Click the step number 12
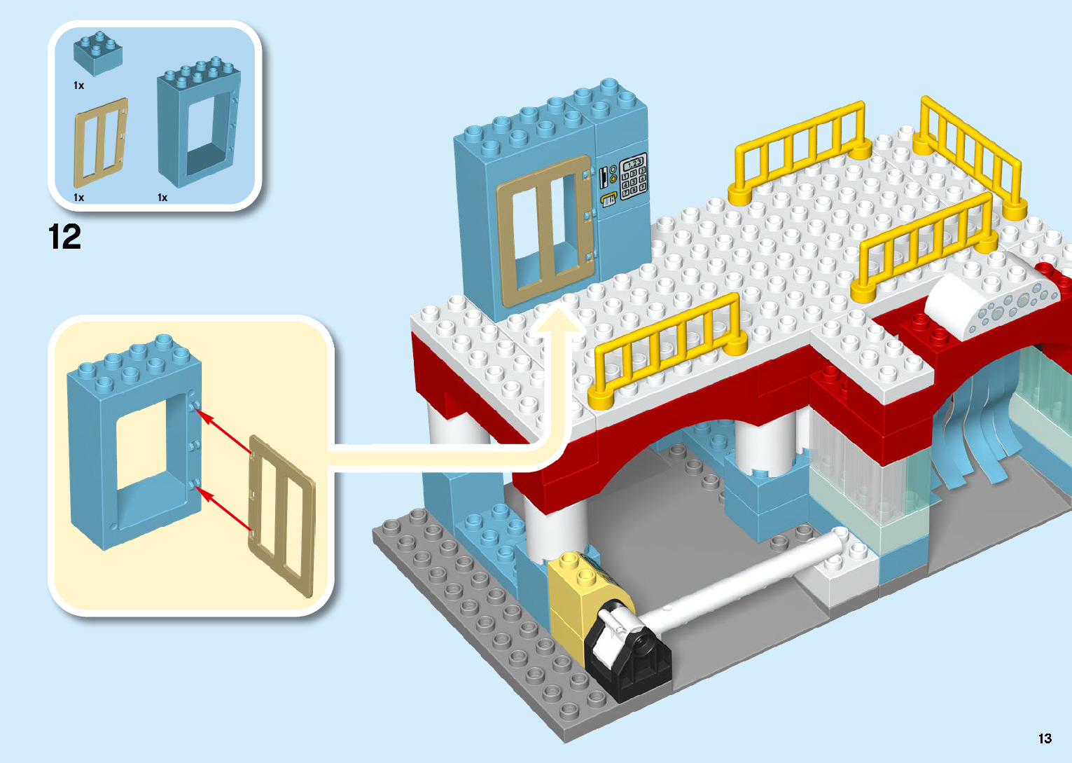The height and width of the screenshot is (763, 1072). [64, 238]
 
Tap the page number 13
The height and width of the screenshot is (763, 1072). [1045, 738]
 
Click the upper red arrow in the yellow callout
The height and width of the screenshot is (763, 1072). [225, 432]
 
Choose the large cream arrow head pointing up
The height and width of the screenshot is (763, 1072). [557, 328]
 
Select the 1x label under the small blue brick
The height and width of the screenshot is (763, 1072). [79, 85]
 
